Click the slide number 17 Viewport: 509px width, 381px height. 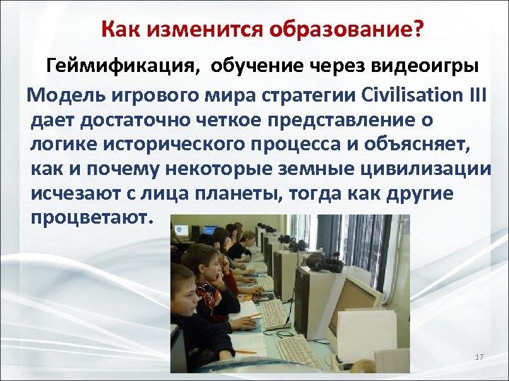tap(479, 358)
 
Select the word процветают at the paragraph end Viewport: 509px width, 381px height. tap(90, 217)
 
